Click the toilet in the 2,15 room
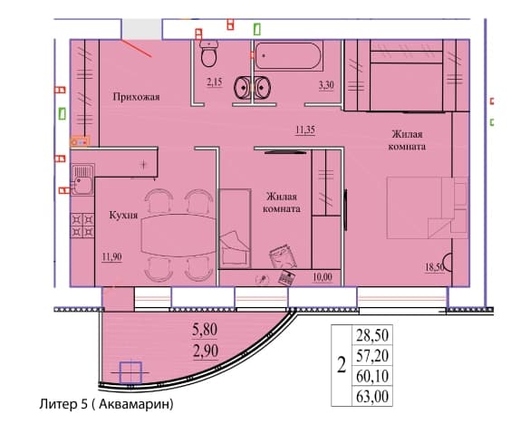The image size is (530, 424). pyautogui.click(x=209, y=53)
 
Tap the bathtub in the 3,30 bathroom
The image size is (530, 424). pyautogui.click(x=288, y=56)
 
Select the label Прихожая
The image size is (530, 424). pyautogui.click(x=136, y=97)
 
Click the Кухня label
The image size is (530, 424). pyautogui.click(x=123, y=215)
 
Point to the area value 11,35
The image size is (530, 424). pyautogui.click(x=305, y=130)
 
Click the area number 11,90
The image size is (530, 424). pyautogui.click(x=111, y=256)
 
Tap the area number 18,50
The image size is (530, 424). pyautogui.click(x=435, y=266)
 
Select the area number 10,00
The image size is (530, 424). pyautogui.click(x=323, y=277)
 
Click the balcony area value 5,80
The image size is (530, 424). pyautogui.click(x=205, y=330)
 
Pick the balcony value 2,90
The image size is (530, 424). pyautogui.click(x=206, y=351)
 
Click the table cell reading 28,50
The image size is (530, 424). pyautogui.click(x=372, y=335)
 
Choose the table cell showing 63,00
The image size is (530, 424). pyautogui.click(x=372, y=396)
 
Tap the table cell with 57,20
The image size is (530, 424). pyautogui.click(x=372, y=355)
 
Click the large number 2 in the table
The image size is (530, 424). pyautogui.click(x=342, y=365)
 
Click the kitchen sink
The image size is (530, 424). pyautogui.click(x=82, y=179)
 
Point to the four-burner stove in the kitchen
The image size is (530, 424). pyautogui.click(x=82, y=226)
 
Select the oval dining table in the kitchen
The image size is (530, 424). pyautogui.click(x=178, y=236)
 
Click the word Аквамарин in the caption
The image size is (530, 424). pyautogui.click(x=135, y=404)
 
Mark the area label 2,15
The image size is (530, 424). pyautogui.click(x=215, y=82)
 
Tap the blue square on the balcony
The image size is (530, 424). pyautogui.click(x=130, y=372)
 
